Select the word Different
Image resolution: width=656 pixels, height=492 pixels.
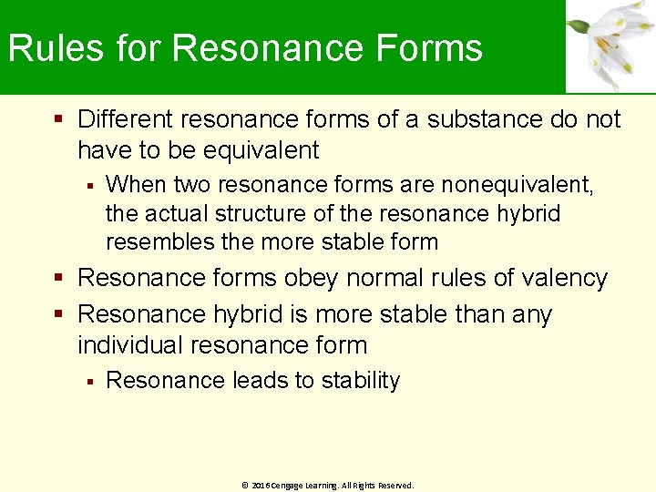point(126,119)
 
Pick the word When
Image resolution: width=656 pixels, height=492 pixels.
point(136,185)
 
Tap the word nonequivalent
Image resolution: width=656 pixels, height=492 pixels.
point(518,185)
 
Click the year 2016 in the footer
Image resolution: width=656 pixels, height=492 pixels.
point(261,486)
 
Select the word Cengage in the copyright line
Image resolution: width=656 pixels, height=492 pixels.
point(289,486)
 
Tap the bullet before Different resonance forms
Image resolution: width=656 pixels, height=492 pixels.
point(59,119)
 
